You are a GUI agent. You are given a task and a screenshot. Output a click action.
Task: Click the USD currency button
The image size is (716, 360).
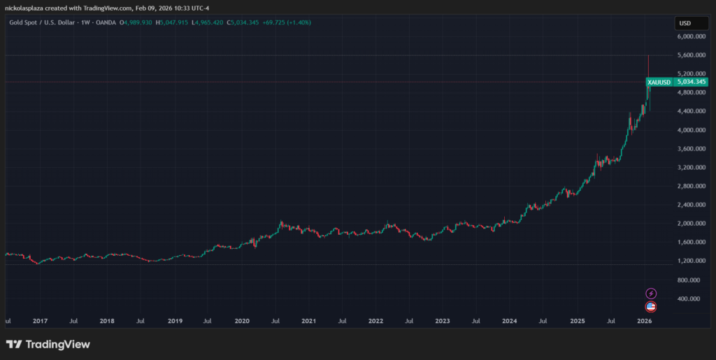685,24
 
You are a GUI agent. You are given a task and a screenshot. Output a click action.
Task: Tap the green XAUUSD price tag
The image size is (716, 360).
659,82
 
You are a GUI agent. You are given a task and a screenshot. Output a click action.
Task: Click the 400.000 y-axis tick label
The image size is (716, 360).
692,298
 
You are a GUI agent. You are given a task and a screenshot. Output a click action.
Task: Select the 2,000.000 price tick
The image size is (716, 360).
692,224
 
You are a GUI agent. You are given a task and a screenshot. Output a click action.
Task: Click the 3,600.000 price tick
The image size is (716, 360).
692,149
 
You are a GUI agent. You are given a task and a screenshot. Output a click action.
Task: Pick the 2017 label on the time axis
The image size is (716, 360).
40,322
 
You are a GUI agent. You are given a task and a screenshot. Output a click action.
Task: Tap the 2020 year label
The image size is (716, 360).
241,322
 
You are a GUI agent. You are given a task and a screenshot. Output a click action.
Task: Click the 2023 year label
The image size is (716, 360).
443,322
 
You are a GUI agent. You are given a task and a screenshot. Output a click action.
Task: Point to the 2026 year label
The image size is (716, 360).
645,322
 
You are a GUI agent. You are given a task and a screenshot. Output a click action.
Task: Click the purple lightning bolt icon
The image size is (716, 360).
651,294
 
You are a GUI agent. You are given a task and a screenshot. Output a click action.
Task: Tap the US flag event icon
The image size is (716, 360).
651,306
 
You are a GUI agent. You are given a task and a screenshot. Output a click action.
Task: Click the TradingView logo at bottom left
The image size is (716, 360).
48,344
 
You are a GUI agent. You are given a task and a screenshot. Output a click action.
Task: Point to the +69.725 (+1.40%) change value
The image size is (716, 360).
287,22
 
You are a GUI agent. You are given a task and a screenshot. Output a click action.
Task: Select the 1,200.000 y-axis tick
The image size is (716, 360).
692,261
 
